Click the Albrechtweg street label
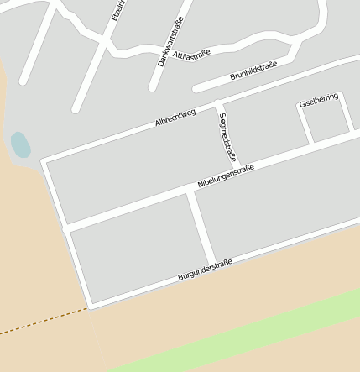pyautogui.click(x=175, y=118)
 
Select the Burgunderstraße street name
pyautogui.click(x=205, y=270)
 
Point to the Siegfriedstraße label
pyautogui.click(x=227, y=137)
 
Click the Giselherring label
pyautogui.click(x=318, y=100)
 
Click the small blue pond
pyautogui.click(x=19, y=145)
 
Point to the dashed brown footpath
pyautogui.click(x=42, y=322)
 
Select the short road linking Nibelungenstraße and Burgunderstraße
pyautogui.click(x=201, y=227)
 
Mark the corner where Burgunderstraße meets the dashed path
pyautogui.click(x=89, y=308)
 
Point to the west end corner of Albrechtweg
pyautogui.click(x=44, y=160)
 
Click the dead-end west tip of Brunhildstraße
pyautogui.click(x=196, y=87)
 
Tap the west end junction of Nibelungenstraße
pyautogui.click(x=66, y=228)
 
